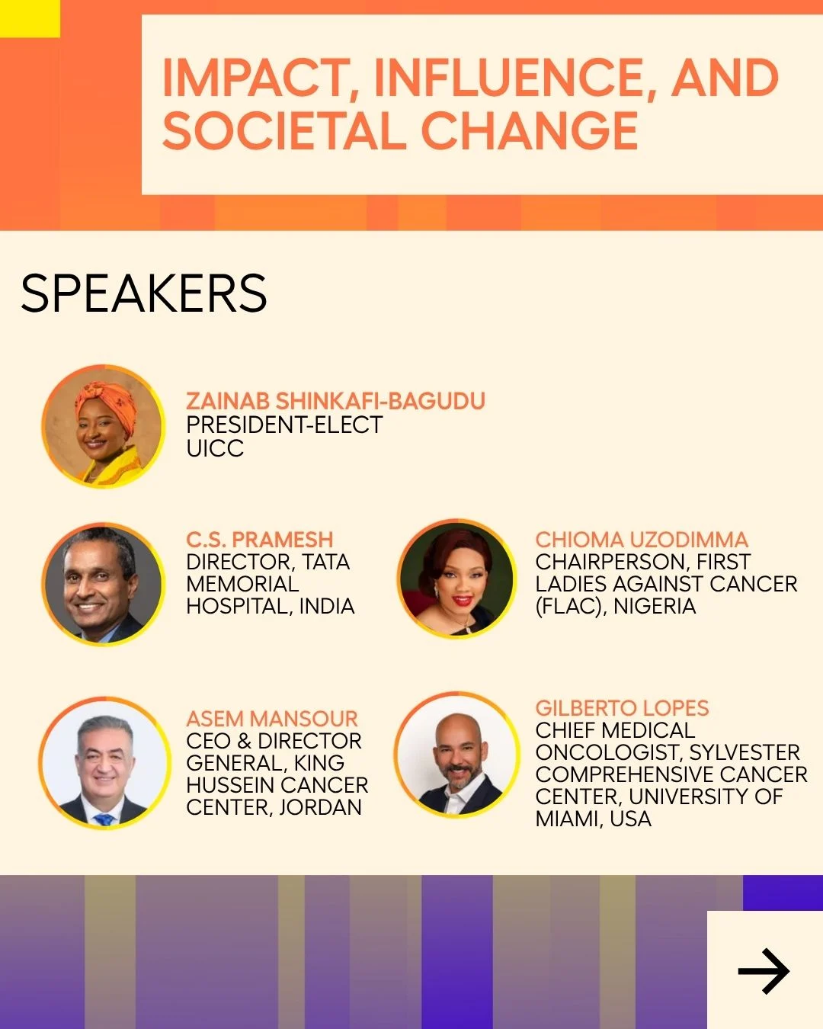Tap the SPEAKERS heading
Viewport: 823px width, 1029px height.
coord(143,293)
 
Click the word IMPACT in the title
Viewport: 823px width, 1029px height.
coord(255,78)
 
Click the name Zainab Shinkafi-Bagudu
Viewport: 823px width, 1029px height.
coord(336,401)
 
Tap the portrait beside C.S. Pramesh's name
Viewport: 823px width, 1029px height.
coord(104,584)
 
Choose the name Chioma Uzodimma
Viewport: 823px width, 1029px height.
coord(642,540)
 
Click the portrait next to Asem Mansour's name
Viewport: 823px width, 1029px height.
coord(104,763)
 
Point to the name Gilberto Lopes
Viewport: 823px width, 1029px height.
coord(622,708)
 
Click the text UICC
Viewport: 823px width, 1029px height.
coord(215,448)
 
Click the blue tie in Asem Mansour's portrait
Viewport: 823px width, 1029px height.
coord(104,819)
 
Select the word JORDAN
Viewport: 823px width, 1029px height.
coord(320,808)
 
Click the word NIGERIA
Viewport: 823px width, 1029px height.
coord(655,606)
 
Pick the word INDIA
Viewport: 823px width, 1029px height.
coord(327,606)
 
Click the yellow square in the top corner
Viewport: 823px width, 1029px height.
coord(30,18)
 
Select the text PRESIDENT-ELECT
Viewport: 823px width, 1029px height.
coord(284,425)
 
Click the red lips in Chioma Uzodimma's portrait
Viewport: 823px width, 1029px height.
coord(462,600)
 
